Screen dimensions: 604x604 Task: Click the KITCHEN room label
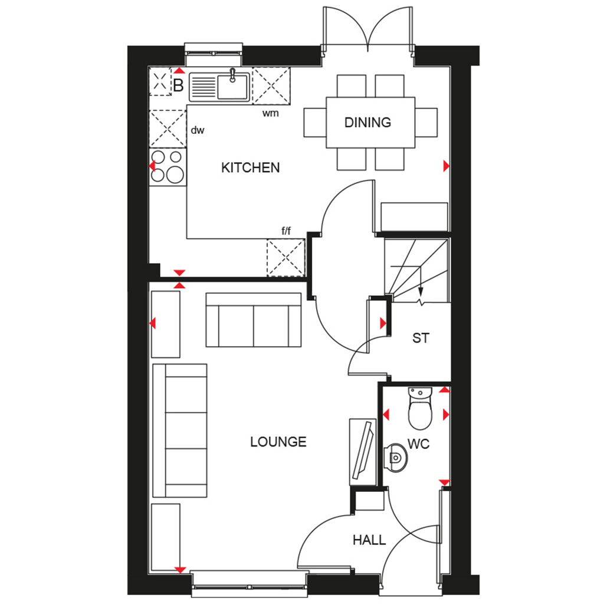click(x=250, y=168)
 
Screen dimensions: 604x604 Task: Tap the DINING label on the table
click(x=367, y=123)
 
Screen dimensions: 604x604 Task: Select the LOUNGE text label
click(x=278, y=441)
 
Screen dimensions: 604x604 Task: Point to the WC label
click(x=418, y=444)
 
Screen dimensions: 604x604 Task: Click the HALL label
click(x=369, y=540)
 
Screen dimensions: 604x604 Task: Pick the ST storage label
click(x=420, y=338)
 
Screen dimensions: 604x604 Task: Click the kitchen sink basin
click(x=232, y=87)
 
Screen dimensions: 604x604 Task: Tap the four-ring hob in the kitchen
click(x=168, y=166)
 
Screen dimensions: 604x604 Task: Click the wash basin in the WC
click(x=395, y=458)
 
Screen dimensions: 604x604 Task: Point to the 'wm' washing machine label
click(x=270, y=113)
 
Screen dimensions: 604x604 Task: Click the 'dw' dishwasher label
click(x=197, y=130)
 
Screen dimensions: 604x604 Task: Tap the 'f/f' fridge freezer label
click(x=286, y=231)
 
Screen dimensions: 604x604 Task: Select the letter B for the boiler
click(x=178, y=86)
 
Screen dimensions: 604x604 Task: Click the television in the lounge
click(x=363, y=451)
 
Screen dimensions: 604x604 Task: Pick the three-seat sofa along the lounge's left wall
click(x=180, y=430)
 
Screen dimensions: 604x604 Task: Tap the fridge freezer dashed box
click(x=286, y=257)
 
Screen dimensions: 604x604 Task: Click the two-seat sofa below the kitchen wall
click(x=254, y=320)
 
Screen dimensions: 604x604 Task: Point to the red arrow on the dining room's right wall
click(x=446, y=166)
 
